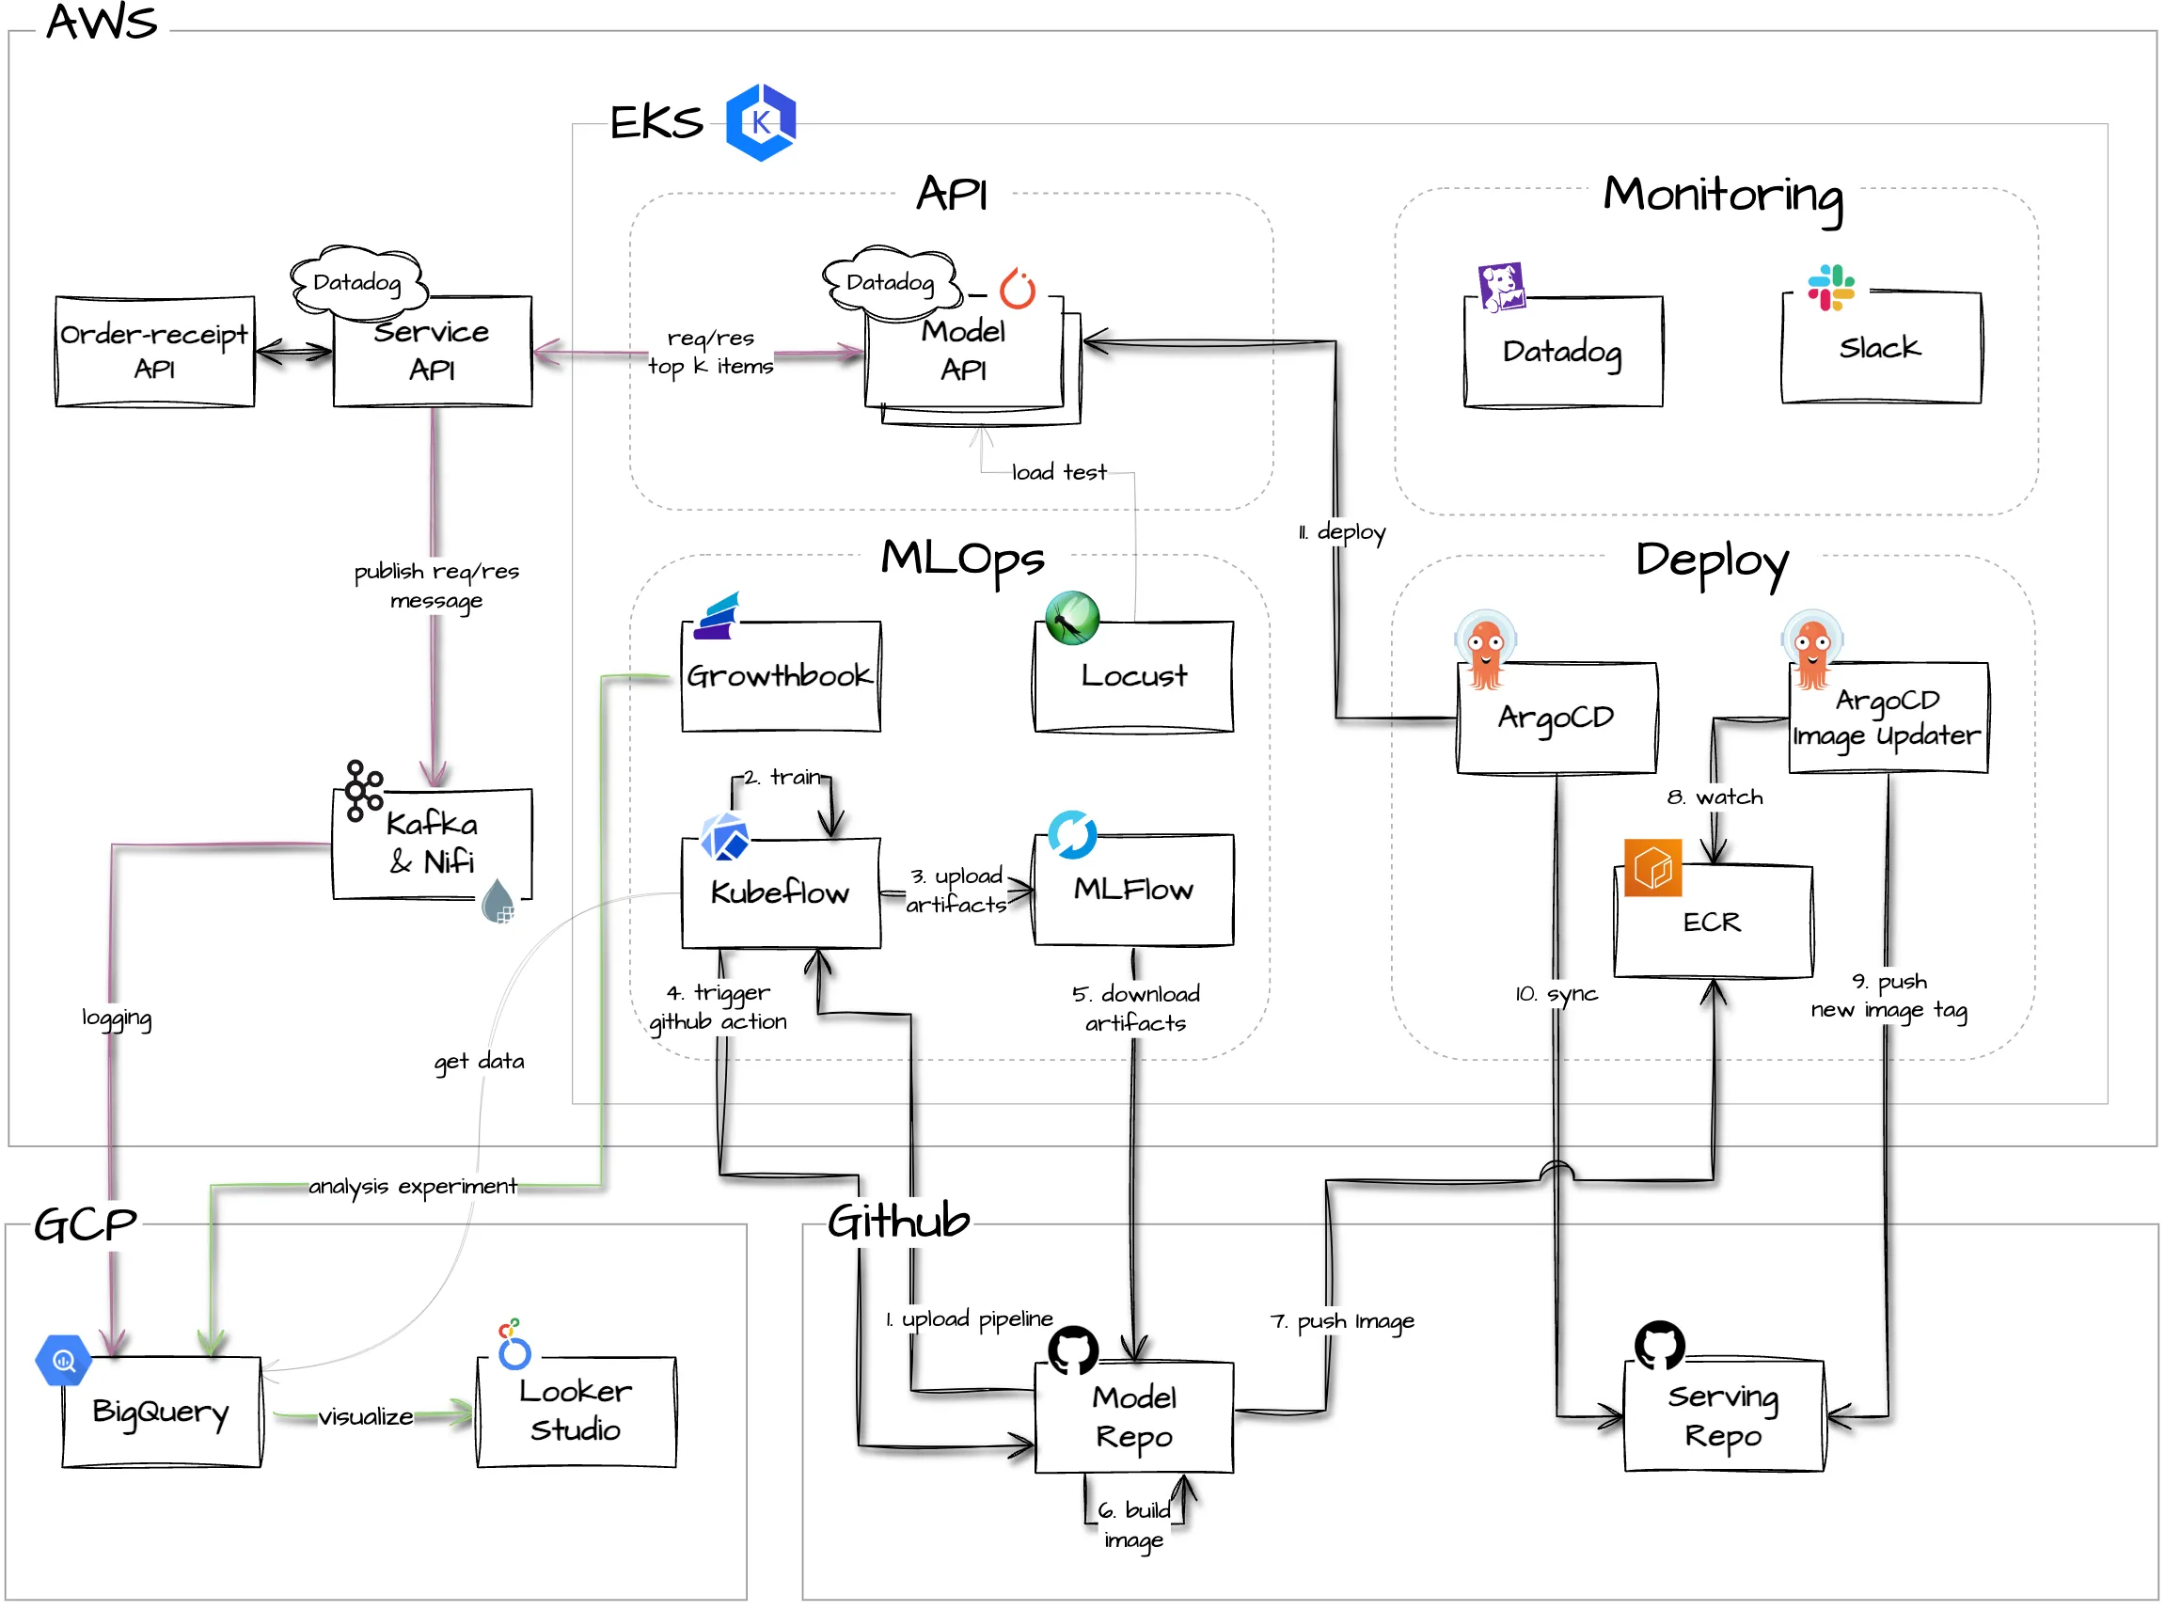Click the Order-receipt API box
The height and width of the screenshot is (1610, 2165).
point(155,352)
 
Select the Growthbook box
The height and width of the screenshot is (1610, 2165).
point(781,676)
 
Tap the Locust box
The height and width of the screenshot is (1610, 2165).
point(1133,676)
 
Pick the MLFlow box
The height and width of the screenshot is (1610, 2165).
point(1133,890)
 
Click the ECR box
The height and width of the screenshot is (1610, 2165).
point(1714,921)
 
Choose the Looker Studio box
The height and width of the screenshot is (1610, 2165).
point(577,1413)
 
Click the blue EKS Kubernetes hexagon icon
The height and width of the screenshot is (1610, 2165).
point(761,122)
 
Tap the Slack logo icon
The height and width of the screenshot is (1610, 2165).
point(1830,288)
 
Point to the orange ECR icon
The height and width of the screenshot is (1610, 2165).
point(1653,867)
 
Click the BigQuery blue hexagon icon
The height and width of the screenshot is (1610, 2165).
point(63,1361)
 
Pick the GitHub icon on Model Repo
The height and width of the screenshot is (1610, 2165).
point(1073,1350)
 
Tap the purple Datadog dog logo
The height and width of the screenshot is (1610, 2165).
point(1501,287)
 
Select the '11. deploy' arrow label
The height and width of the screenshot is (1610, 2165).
point(1341,532)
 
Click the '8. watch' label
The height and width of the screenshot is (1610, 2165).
point(1715,797)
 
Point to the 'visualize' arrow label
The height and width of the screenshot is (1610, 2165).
point(366,1417)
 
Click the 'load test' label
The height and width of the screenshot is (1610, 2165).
point(1060,473)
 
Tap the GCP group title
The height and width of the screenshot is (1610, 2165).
point(86,1225)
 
